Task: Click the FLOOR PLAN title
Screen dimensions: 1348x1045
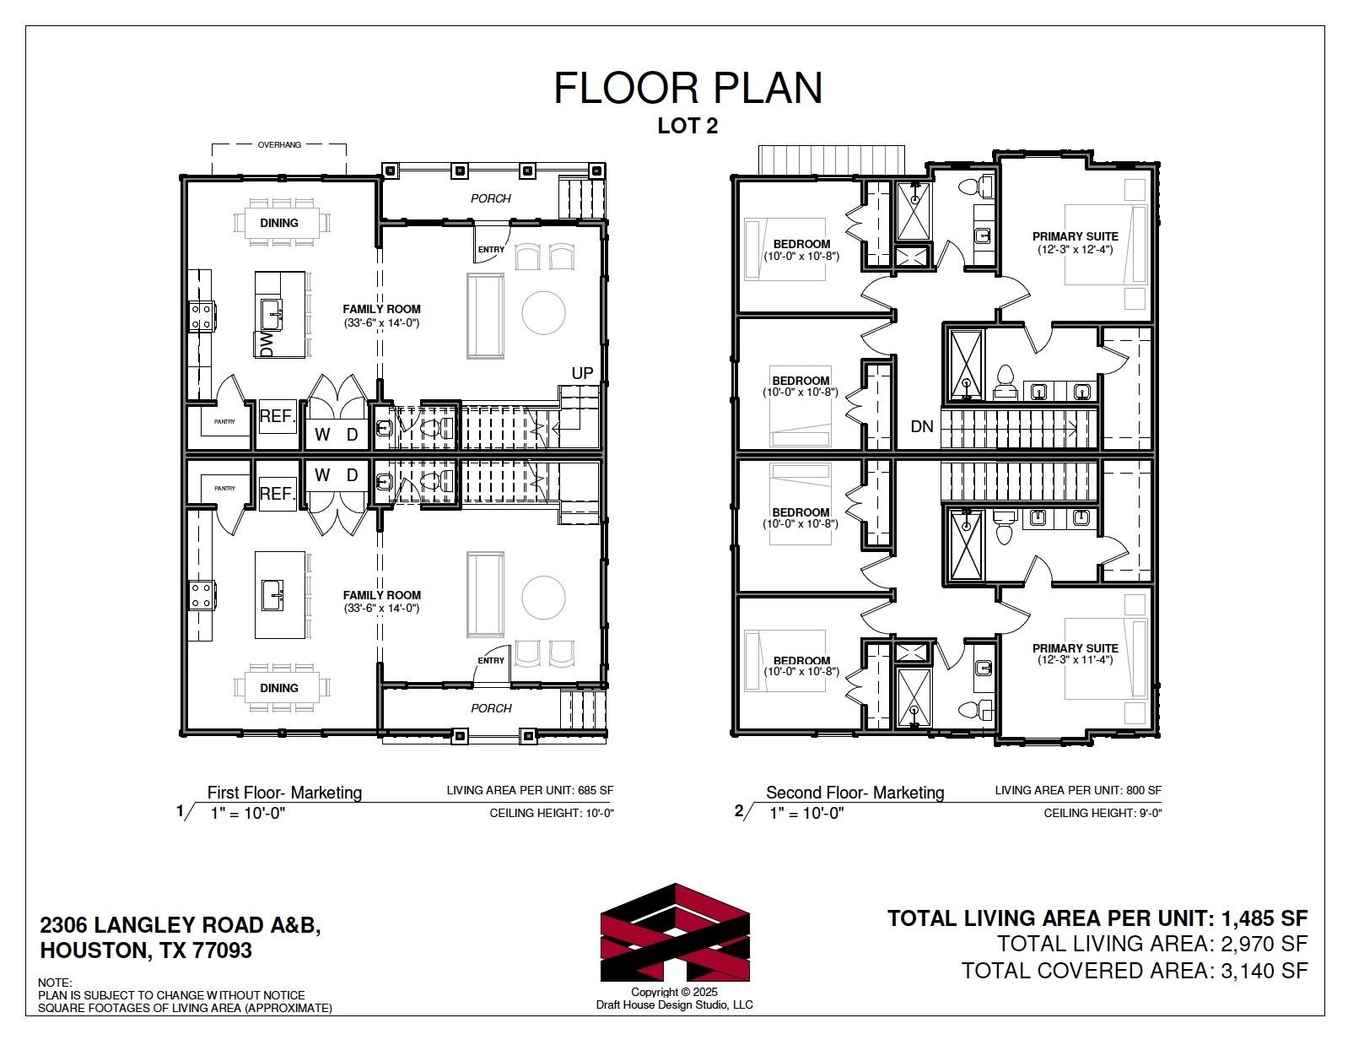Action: point(687,88)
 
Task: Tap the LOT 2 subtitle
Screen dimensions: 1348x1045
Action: point(687,126)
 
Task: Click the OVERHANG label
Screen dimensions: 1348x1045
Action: point(279,144)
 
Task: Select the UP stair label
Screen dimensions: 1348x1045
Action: point(582,373)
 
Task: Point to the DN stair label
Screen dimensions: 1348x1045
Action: point(922,426)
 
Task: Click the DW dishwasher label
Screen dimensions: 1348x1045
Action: point(267,344)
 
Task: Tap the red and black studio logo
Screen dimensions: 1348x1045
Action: point(675,933)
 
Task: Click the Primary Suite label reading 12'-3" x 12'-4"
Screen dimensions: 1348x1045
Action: point(1075,243)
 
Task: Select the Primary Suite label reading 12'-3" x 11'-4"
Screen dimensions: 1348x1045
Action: point(1075,653)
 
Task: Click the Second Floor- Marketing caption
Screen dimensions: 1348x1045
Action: point(855,793)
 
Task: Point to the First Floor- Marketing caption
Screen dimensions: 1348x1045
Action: point(284,793)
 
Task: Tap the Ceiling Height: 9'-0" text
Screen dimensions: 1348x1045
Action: point(1103,813)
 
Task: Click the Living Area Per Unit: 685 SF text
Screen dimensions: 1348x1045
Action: point(530,791)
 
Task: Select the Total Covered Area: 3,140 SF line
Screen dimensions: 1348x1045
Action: point(1135,971)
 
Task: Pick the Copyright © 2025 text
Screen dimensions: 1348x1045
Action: point(674,993)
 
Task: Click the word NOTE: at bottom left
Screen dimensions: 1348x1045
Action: point(55,983)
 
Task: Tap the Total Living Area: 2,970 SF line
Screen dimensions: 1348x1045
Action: point(1152,944)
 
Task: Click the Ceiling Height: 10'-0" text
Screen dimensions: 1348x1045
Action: point(552,813)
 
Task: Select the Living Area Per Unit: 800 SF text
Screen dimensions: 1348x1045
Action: point(1078,791)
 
